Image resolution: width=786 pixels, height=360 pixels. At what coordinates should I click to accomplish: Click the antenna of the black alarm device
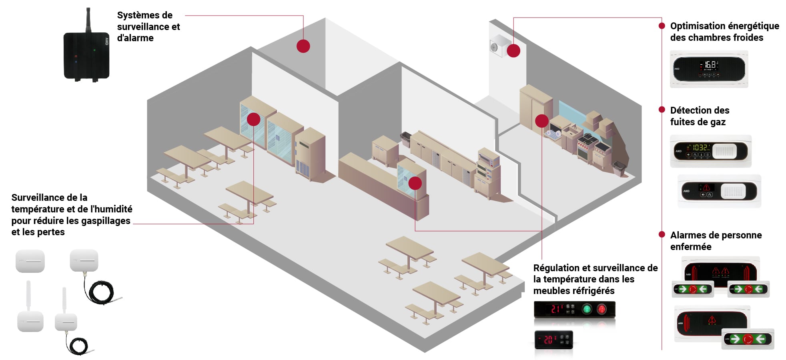[88, 20]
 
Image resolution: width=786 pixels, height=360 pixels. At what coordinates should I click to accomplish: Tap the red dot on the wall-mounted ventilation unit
[513, 51]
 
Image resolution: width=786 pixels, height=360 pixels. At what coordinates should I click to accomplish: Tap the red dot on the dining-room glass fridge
[253, 119]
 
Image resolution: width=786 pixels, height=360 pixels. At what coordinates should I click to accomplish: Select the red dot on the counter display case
[415, 183]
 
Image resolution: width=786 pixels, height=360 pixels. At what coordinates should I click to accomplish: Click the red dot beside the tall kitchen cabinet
[541, 121]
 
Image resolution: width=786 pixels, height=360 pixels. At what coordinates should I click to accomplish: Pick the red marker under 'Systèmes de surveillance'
[303, 46]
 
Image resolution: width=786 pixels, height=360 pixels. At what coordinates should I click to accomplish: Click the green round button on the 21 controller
[587, 309]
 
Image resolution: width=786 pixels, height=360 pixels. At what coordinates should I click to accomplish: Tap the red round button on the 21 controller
[602, 309]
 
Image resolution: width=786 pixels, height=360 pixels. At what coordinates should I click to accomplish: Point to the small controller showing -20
[554, 340]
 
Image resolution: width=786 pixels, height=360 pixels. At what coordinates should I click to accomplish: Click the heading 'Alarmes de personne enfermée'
[716, 241]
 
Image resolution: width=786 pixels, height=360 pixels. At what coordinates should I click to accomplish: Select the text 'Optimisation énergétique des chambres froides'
[724, 32]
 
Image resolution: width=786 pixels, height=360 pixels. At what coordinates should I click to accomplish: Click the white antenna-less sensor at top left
[30, 261]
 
